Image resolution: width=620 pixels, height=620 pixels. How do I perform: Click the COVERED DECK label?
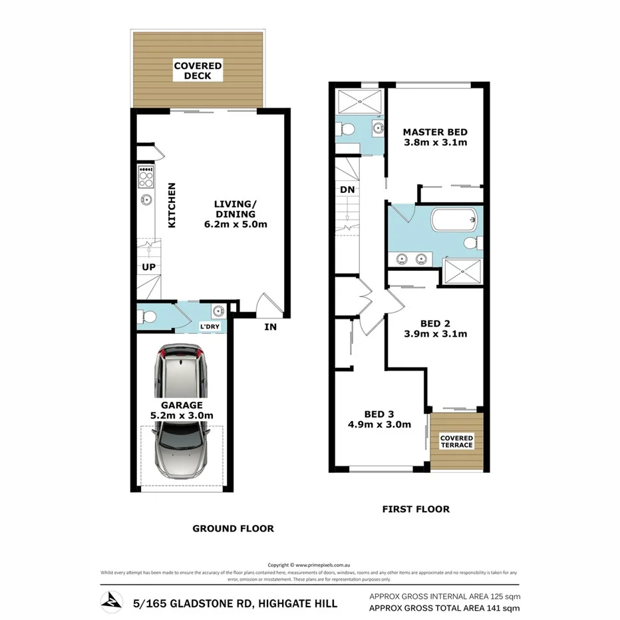(x=198, y=71)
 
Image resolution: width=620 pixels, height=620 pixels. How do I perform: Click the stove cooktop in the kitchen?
(x=145, y=176)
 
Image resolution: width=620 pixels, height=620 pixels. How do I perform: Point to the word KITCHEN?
(x=171, y=206)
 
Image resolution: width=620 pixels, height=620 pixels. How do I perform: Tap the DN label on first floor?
(x=347, y=189)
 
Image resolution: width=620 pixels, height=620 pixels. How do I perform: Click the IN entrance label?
(x=270, y=327)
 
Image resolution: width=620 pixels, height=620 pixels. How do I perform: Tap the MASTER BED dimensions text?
(x=435, y=142)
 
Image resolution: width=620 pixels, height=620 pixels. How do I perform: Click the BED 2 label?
(x=435, y=329)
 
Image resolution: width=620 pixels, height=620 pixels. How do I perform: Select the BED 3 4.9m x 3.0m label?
(x=379, y=418)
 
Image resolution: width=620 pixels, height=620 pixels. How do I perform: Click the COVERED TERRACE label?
(x=456, y=442)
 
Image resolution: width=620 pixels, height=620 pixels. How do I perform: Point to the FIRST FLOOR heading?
(x=415, y=509)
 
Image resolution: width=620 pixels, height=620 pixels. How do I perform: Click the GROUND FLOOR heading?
(x=233, y=528)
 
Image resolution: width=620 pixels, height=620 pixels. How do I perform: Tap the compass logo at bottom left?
(x=111, y=602)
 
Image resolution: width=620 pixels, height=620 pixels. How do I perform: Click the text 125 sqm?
(x=502, y=597)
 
